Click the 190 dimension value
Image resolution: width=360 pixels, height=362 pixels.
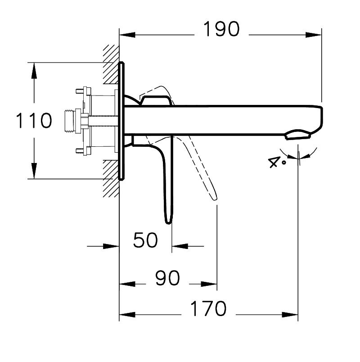tap(221, 29)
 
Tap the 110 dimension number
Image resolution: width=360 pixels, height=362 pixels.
tap(34, 120)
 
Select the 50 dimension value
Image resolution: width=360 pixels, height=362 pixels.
tap(146, 240)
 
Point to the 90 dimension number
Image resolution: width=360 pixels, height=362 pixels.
tap(167, 278)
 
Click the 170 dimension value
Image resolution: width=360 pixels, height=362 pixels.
tap(208, 308)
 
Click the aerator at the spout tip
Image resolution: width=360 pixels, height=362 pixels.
tap(298, 135)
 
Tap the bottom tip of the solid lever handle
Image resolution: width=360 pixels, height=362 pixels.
tap(168, 223)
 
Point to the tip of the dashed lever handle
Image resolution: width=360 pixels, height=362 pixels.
tap(215, 199)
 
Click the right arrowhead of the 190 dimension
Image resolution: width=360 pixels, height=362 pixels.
tap(313, 35)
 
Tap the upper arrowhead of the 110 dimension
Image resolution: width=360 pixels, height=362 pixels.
tap(34, 71)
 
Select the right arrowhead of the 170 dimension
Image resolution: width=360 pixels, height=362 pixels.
tap(290, 314)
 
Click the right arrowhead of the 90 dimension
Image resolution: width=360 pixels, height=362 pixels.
tap(209, 284)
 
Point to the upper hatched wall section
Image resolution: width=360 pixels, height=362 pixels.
tap(111, 64)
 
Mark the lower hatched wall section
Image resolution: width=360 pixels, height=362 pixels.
tap(111, 179)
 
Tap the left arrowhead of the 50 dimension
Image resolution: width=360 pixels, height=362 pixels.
tap(111, 246)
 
